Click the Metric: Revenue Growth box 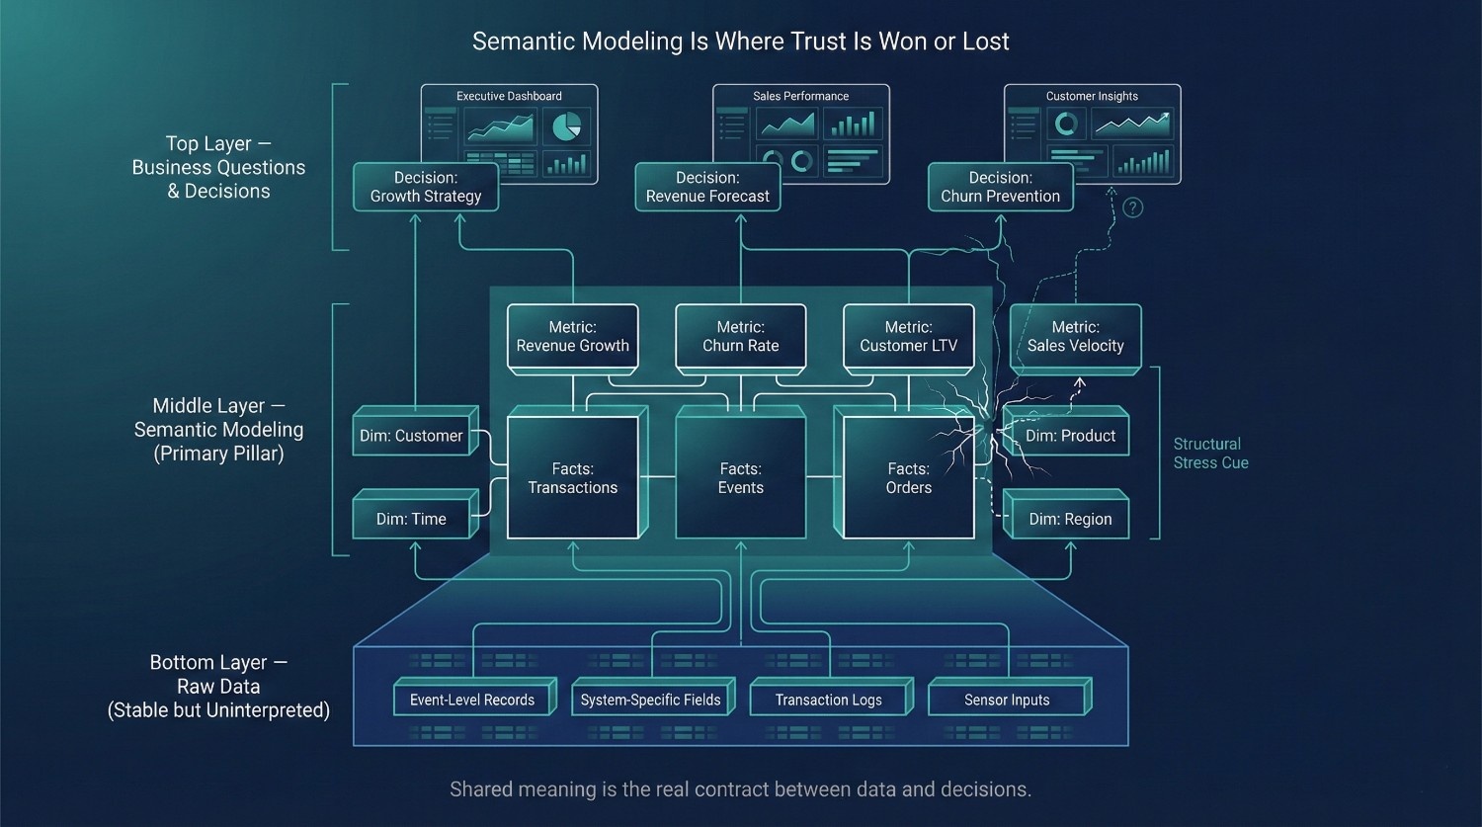[572, 337]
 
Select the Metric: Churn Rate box [740, 337]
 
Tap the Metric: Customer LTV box [908, 337]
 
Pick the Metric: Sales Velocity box [1075, 337]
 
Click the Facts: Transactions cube [572, 478]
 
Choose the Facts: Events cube [740, 478]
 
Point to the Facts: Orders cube [908, 478]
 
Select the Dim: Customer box [411, 436]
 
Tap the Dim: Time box [411, 519]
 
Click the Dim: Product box [1070, 436]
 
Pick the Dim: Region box [1070, 519]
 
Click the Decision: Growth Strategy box [426, 187]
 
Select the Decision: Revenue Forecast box [707, 187]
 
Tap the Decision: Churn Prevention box [1000, 187]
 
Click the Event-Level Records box [471, 700]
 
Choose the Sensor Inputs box [1007, 700]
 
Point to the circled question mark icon [1133, 207]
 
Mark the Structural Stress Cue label [1210, 454]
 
